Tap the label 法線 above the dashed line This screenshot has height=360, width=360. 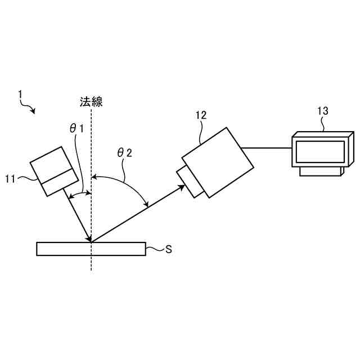91,102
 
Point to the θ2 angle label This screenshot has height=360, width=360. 124,152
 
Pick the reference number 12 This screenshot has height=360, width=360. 201,115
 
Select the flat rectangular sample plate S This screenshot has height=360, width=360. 90,249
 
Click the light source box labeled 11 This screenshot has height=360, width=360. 54,171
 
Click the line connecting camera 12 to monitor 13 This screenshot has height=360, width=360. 268,148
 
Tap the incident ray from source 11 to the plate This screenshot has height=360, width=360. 79,217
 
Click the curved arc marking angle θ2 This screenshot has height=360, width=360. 127,182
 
